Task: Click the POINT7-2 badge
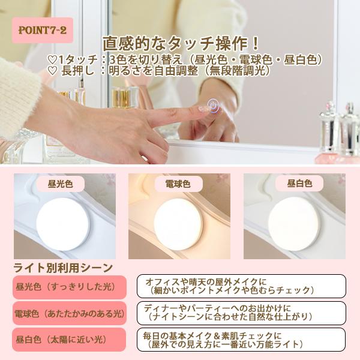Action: (x=43, y=30)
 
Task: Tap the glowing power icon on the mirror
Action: (x=213, y=106)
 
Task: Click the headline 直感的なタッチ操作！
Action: (x=181, y=44)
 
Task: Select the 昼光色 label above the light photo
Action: (x=61, y=184)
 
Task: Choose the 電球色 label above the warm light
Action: (x=178, y=184)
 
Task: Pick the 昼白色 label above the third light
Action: (x=299, y=183)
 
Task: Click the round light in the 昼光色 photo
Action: (x=62, y=224)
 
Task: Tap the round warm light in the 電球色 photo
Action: (x=178, y=224)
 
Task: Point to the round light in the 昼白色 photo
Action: (x=294, y=224)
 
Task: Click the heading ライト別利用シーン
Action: (x=63, y=268)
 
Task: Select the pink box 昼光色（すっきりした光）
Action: (x=70, y=287)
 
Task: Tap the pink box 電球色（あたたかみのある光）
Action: (x=70, y=313)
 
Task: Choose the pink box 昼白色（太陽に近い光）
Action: (x=69, y=340)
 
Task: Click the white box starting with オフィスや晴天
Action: (x=241, y=286)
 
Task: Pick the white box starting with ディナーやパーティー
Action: (x=241, y=313)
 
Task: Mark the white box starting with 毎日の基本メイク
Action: (x=241, y=340)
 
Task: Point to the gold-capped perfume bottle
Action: (x=121, y=97)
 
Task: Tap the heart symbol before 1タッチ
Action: (x=52, y=60)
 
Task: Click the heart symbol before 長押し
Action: (x=52, y=71)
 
